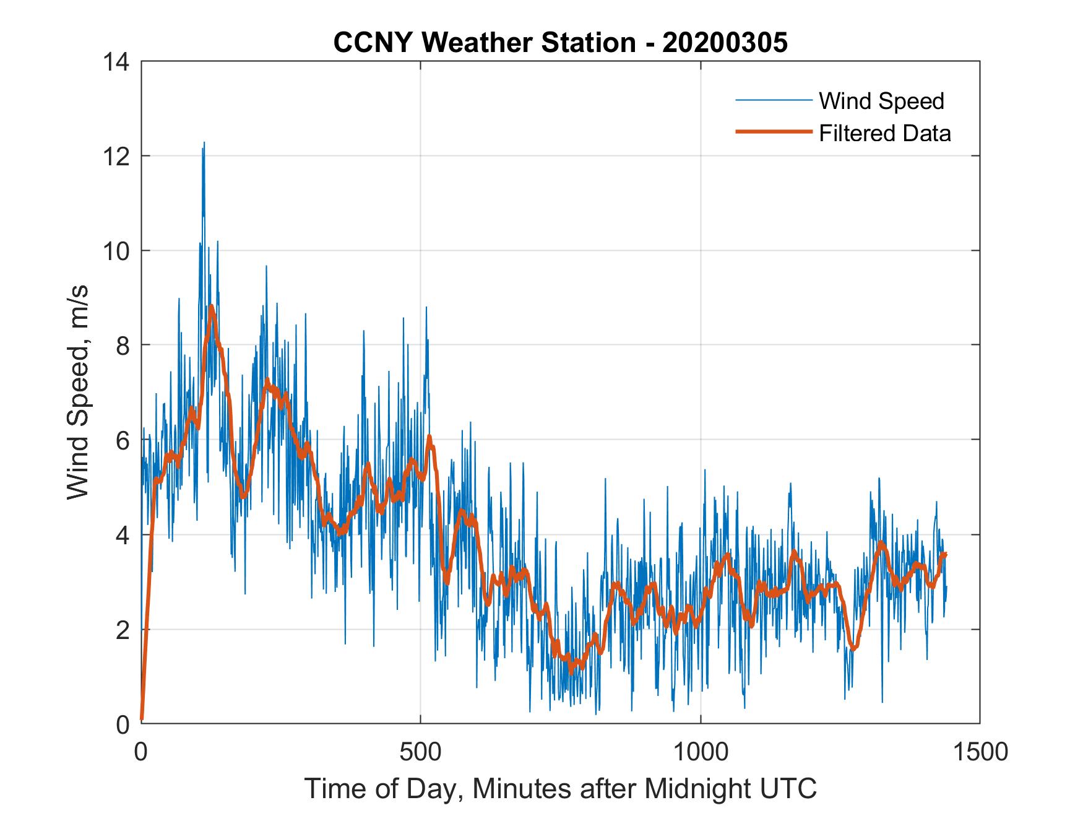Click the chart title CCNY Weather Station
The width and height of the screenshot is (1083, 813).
485,43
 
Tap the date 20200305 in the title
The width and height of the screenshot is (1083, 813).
725,43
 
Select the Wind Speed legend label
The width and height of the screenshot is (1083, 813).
881,101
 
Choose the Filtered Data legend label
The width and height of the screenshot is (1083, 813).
884,133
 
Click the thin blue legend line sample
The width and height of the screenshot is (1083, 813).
773,100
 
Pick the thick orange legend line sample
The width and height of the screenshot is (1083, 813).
773,132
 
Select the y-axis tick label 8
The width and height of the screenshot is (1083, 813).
123,346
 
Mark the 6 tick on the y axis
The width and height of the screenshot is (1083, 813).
123,440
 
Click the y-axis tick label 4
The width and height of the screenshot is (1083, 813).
123,535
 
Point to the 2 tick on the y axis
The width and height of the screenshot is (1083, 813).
123,630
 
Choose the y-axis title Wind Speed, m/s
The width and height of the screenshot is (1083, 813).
79,392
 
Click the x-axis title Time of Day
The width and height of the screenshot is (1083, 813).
560,789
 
